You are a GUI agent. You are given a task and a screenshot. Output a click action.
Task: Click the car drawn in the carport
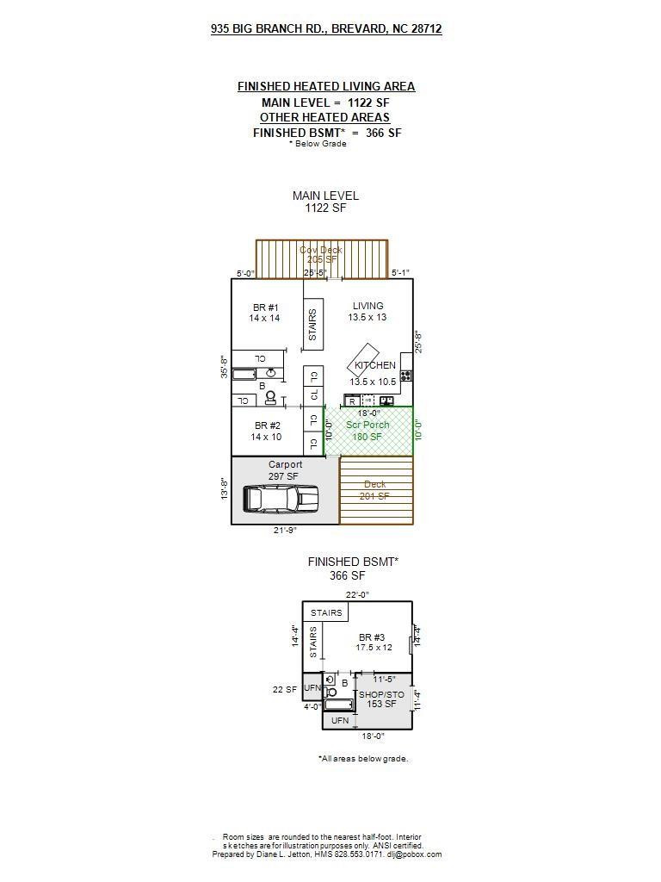click(280, 498)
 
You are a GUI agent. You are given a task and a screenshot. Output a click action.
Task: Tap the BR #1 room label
click(265, 313)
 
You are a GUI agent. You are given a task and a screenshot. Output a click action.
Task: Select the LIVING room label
click(368, 311)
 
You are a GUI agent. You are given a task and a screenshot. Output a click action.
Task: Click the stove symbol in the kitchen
click(405, 376)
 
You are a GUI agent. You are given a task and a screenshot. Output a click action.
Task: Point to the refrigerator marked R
click(351, 401)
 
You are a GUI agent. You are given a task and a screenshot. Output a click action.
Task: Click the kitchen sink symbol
click(387, 401)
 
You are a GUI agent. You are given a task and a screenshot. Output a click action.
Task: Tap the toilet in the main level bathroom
click(271, 397)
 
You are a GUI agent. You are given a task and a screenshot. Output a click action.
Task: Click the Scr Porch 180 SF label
click(368, 431)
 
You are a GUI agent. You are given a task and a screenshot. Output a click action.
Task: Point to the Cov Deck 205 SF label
click(321, 254)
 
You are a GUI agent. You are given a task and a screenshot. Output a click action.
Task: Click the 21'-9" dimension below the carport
click(286, 531)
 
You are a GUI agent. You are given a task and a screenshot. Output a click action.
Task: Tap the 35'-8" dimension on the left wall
click(224, 366)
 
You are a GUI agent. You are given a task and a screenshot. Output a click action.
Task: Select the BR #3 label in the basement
click(375, 643)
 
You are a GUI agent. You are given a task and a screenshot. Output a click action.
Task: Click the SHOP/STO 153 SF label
click(381, 699)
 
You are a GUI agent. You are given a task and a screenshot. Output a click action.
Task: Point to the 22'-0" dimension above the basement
click(357, 594)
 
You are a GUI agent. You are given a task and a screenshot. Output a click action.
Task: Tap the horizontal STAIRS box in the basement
click(326, 613)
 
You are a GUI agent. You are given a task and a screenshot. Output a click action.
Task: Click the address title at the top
click(326, 28)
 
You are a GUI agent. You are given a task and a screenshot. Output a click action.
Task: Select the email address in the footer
click(414, 854)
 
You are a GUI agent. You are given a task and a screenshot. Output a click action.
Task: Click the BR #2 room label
click(268, 431)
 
